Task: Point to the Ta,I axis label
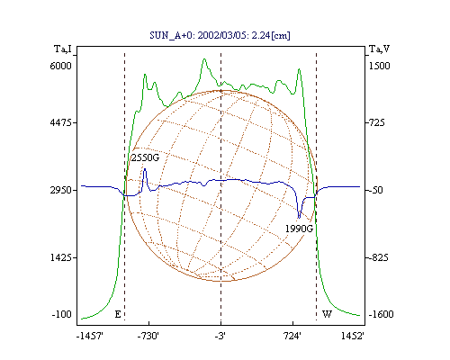[x=63, y=49]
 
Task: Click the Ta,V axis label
[x=379, y=49]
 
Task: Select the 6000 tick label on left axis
[x=61, y=66]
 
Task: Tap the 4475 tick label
[x=61, y=122]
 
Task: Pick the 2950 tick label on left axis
[x=61, y=190]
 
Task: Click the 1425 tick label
[x=61, y=257]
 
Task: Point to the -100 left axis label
[x=62, y=314]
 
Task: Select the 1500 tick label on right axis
[x=379, y=66]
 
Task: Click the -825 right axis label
[x=377, y=257]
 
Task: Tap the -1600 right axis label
[x=381, y=314]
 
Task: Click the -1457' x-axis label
[x=90, y=336]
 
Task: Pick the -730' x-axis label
[x=148, y=336]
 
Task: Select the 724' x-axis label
[x=292, y=336]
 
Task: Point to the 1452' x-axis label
[x=353, y=336]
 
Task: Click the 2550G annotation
[x=145, y=157]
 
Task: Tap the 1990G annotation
[x=299, y=229]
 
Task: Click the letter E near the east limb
[x=118, y=314]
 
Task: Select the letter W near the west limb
[x=327, y=314]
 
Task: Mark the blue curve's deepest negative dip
[x=299, y=218]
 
